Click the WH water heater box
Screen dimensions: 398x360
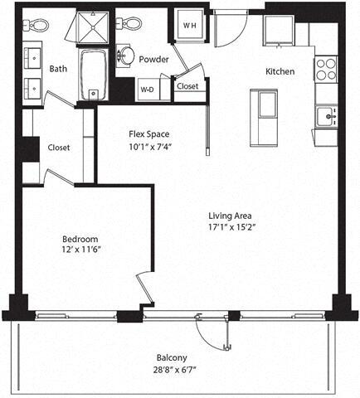point(188,25)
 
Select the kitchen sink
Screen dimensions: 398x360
point(328,117)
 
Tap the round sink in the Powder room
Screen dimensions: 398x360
point(126,56)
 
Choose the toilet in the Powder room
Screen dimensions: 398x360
point(131,24)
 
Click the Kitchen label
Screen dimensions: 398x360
point(280,71)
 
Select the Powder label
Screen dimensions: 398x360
point(154,60)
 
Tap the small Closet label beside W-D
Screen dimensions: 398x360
point(187,85)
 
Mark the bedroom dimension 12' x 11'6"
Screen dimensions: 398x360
point(80,249)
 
